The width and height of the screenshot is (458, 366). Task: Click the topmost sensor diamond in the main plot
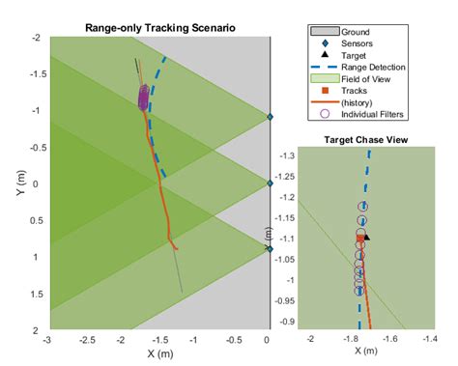270,117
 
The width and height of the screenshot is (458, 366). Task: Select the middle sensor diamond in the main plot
270,183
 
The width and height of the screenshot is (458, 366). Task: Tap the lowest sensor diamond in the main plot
270,248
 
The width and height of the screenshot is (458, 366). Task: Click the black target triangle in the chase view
366,236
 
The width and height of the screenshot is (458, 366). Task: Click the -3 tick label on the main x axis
47,340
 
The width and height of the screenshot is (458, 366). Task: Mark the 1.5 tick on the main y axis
36,293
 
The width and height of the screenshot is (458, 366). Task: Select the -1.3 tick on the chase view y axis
286,155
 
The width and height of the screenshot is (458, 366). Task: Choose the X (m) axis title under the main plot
157,354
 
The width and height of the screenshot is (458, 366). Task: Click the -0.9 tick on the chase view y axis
286,322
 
